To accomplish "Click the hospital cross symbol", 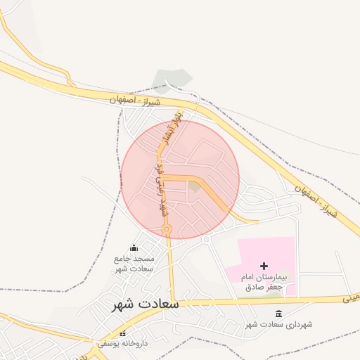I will tap(264, 266).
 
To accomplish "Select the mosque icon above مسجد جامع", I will tap(134, 247).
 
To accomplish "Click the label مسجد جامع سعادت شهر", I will tap(134, 263).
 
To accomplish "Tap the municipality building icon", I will tap(279, 314).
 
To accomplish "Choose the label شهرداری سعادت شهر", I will tap(279, 325).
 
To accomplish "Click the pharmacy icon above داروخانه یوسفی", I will tap(123, 334).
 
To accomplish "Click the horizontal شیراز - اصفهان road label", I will tap(136, 101).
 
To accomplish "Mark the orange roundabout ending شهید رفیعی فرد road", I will tap(167, 229).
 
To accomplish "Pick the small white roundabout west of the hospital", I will tap(206, 239).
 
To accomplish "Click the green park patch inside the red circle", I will tap(194, 186).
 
